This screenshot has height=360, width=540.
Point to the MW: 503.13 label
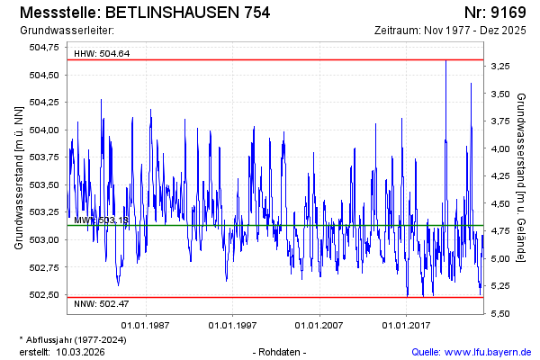(101, 220)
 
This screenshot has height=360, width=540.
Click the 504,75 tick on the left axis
(44, 48)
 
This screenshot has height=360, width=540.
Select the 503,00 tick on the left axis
(44, 240)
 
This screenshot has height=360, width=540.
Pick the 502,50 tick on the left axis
(44, 295)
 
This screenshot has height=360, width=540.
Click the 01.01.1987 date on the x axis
(147, 325)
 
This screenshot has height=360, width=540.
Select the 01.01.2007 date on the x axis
(319, 325)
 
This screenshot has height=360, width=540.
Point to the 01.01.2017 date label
(406, 325)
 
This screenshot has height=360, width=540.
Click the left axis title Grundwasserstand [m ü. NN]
(19, 177)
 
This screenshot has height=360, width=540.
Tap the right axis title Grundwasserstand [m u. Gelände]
(523, 177)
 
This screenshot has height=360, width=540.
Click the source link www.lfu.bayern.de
(487, 352)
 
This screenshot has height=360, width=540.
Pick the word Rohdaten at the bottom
(281, 352)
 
